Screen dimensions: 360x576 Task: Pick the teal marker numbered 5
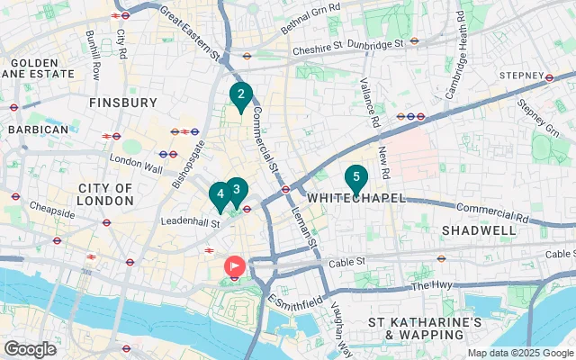356,178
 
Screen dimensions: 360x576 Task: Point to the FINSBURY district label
123,103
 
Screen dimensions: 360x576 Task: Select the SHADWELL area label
479,230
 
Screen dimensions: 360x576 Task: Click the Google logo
30,349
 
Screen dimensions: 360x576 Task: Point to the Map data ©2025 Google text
520,353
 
